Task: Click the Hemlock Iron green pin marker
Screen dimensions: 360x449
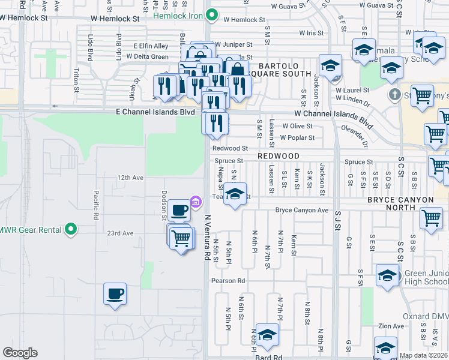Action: [211, 15]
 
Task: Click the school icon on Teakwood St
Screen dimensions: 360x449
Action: [235, 194]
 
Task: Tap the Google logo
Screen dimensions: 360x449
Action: [20, 353]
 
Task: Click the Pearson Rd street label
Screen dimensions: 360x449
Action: [228, 280]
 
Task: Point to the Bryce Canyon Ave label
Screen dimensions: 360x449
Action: [302, 211]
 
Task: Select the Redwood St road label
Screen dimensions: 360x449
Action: [230, 148]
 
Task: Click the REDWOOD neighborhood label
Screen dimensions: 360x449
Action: [279, 155]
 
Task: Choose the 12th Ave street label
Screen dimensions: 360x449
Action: [130, 178]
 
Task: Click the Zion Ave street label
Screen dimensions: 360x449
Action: [391, 326]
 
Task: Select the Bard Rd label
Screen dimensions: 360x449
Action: [268, 357]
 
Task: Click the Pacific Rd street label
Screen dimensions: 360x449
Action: [96, 205]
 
